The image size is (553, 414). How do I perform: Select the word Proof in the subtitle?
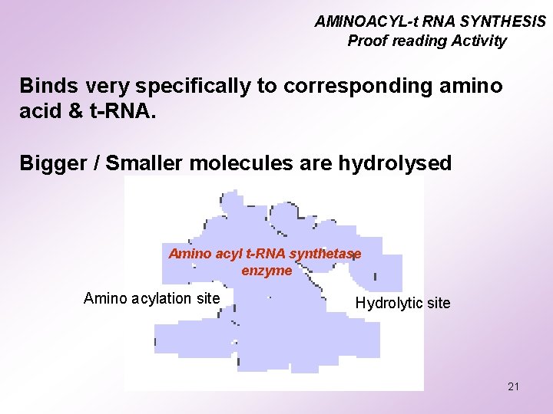click(x=366, y=41)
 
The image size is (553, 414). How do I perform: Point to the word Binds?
click(x=46, y=85)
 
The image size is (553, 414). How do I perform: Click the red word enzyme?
click(x=267, y=270)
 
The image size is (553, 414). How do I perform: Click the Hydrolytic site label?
click(x=402, y=303)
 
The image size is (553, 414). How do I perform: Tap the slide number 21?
click(x=513, y=386)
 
